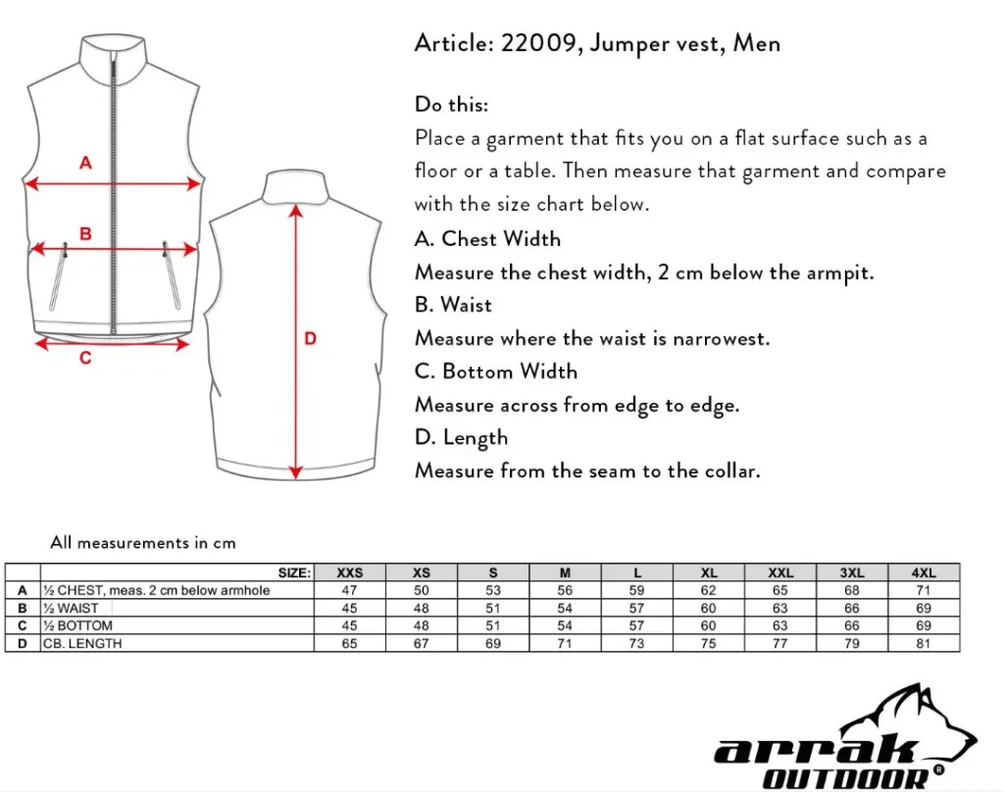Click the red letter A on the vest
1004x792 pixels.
click(x=85, y=163)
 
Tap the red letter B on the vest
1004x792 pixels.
click(x=85, y=233)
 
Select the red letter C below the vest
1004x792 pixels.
click(x=85, y=359)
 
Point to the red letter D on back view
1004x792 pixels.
click(x=310, y=339)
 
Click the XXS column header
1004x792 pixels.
click(x=349, y=572)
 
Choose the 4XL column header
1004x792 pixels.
click(x=924, y=572)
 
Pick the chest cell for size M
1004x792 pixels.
click(x=565, y=590)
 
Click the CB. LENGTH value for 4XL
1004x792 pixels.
click(x=924, y=643)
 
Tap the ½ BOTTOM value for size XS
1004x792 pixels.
click(x=422, y=625)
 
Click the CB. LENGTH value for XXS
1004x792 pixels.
click(x=349, y=643)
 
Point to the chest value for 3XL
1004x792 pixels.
click(x=852, y=590)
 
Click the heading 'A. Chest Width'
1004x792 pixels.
click(x=487, y=239)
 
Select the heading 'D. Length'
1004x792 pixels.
click(x=461, y=438)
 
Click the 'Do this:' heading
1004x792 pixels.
click(x=451, y=105)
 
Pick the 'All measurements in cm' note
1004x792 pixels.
click(x=143, y=542)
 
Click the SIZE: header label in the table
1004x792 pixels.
click(x=294, y=572)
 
